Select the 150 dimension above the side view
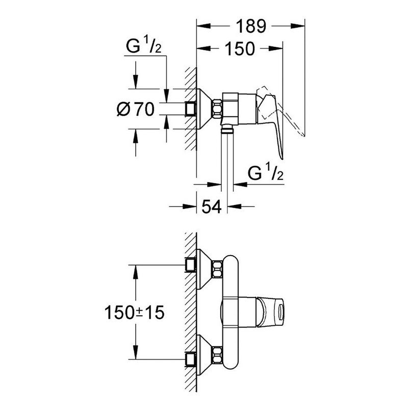239,49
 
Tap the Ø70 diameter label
135,109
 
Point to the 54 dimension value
211,207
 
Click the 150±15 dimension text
135,312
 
